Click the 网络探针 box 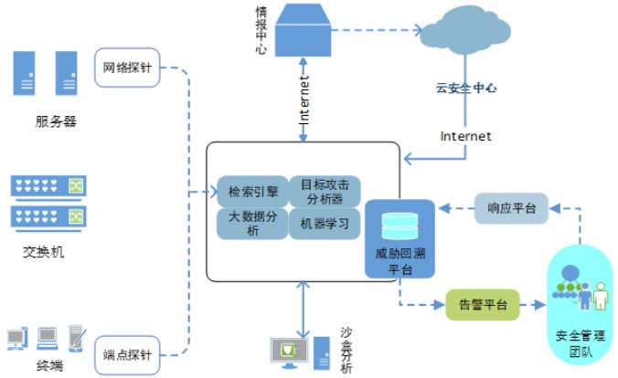click(128, 68)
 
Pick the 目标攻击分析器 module click(325, 192)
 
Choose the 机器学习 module click(325, 224)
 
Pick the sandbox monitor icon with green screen click(286, 351)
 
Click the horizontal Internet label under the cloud click(465, 136)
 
